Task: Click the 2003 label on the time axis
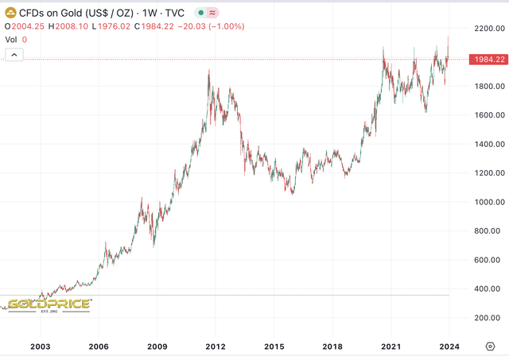coord(41,346)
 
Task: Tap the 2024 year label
coord(449,346)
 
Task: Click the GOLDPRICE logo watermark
coord(50,304)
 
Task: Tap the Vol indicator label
coord(11,38)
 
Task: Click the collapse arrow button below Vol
coord(15,54)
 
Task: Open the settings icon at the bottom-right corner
coord(492,346)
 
